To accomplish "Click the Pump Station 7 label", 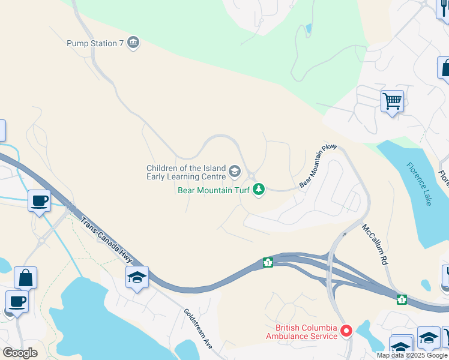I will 95,43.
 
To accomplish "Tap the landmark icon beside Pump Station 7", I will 133,43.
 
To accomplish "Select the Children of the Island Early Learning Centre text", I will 186,172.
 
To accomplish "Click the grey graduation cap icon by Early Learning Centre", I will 235,173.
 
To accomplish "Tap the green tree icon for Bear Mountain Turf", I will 259,190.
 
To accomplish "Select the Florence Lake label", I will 418,184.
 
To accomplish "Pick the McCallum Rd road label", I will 376,245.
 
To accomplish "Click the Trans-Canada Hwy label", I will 107,240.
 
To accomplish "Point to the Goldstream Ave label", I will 199,329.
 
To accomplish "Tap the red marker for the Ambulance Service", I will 346,331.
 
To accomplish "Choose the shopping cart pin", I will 392,101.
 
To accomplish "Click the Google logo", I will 20,353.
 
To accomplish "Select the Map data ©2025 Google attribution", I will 412,355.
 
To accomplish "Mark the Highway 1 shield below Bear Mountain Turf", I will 268,262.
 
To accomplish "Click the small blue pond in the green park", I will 309,28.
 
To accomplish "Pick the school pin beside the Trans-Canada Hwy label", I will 137,278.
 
